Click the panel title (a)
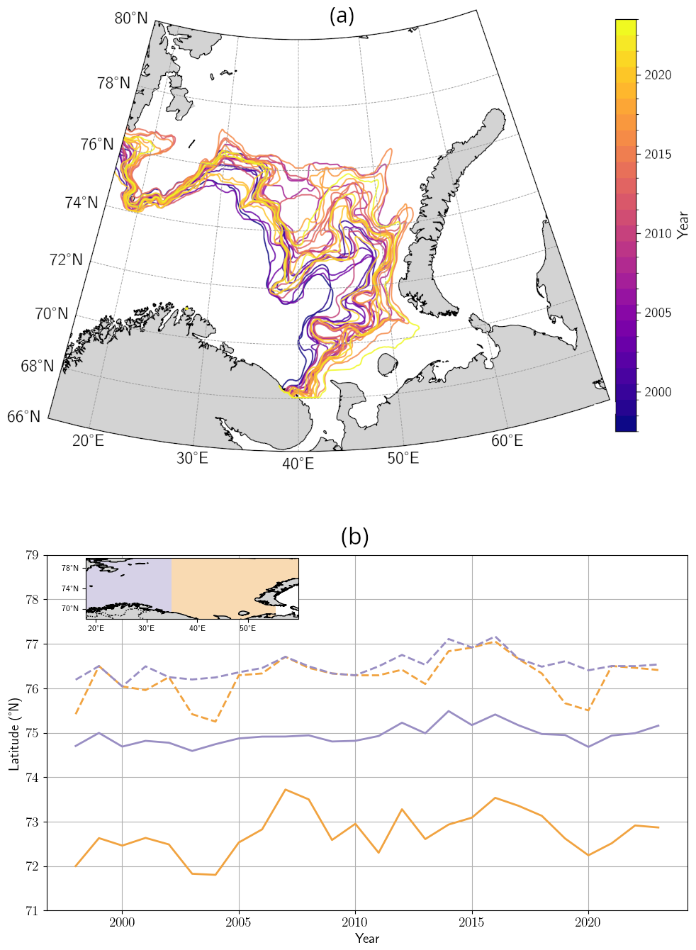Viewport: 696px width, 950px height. click(x=342, y=16)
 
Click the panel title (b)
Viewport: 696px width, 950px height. click(x=354, y=536)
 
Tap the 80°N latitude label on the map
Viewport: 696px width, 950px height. click(x=131, y=18)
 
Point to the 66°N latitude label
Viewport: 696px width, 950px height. click(x=24, y=417)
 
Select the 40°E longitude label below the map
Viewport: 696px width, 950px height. click(x=298, y=464)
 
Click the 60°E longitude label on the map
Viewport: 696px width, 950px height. click(x=507, y=441)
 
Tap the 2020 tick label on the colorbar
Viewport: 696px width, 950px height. click(x=658, y=75)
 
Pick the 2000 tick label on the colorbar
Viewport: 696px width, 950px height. click(x=658, y=392)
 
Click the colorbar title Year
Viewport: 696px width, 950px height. click(x=683, y=225)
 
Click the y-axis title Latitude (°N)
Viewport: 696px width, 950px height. click(x=15, y=734)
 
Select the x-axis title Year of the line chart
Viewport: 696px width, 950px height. click(x=367, y=938)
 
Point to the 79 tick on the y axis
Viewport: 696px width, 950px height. click(x=33, y=555)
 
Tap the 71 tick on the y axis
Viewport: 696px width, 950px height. click(x=33, y=911)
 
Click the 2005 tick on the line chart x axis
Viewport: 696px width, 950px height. click(x=238, y=922)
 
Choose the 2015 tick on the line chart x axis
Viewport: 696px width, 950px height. click(x=471, y=922)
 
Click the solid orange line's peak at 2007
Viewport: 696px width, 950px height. click(x=285, y=790)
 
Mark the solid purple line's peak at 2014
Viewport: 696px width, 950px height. click(x=448, y=711)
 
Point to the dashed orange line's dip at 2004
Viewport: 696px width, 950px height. click(x=215, y=721)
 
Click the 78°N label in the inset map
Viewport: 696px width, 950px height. click(x=70, y=568)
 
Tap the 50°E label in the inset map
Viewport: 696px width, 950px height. click(x=247, y=628)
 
